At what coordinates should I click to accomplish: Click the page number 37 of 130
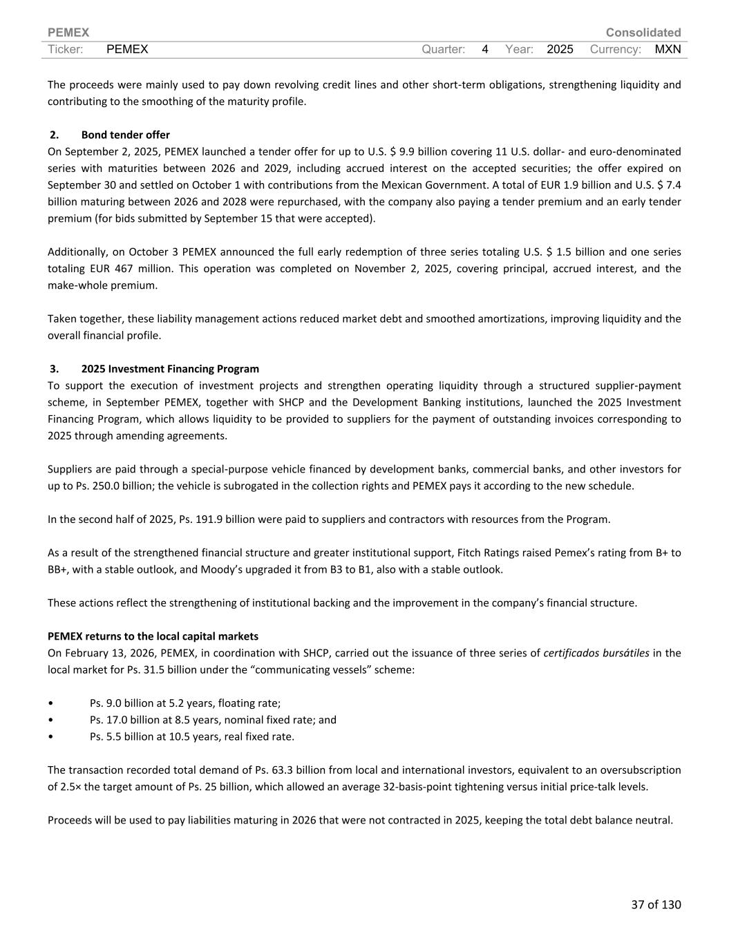pyautogui.click(x=655, y=904)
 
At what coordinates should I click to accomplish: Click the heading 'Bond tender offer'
pyautogui.click(x=125, y=135)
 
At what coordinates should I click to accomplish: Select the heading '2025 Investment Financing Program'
pyautogui.click(x=170, y=369)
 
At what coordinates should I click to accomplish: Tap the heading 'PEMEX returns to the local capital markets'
pyautogui.click(x=153, y=636)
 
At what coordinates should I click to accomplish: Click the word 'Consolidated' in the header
pyautogui.click(x=643, y=32)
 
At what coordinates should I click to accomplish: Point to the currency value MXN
pyautogui.click(x=668, y=49)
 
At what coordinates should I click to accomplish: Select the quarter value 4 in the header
pyautogui.click(x=485, y=49)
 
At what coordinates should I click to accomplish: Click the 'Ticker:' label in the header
pyautogui.click(x=66, y=49)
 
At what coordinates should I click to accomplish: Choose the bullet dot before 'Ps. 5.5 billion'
pyautogui.click(x=50, y=736)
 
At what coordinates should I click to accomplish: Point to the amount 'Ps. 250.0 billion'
pyautogui.click(x=95, y=486)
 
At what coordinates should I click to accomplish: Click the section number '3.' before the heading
pyautogui.click(x=54, y=369)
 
